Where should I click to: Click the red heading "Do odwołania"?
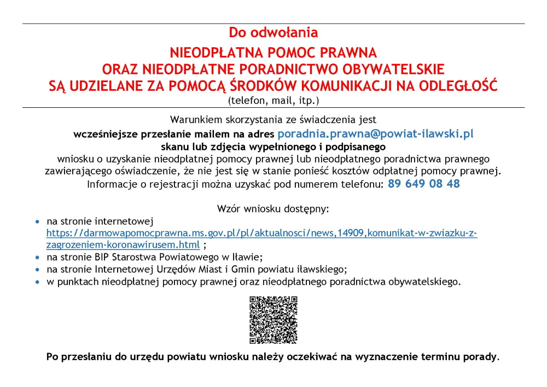273,33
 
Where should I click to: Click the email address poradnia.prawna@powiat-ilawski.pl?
375,134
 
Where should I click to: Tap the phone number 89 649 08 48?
424,184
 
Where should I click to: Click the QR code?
273,320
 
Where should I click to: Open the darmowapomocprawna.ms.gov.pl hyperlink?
261,234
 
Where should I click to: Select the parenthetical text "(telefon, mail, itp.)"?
273,101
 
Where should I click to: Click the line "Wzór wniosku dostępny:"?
273,209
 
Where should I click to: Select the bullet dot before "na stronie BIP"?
37,257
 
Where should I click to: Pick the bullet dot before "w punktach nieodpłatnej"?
37,282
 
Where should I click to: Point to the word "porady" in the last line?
480,357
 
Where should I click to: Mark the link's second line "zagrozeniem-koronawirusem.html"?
123,245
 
